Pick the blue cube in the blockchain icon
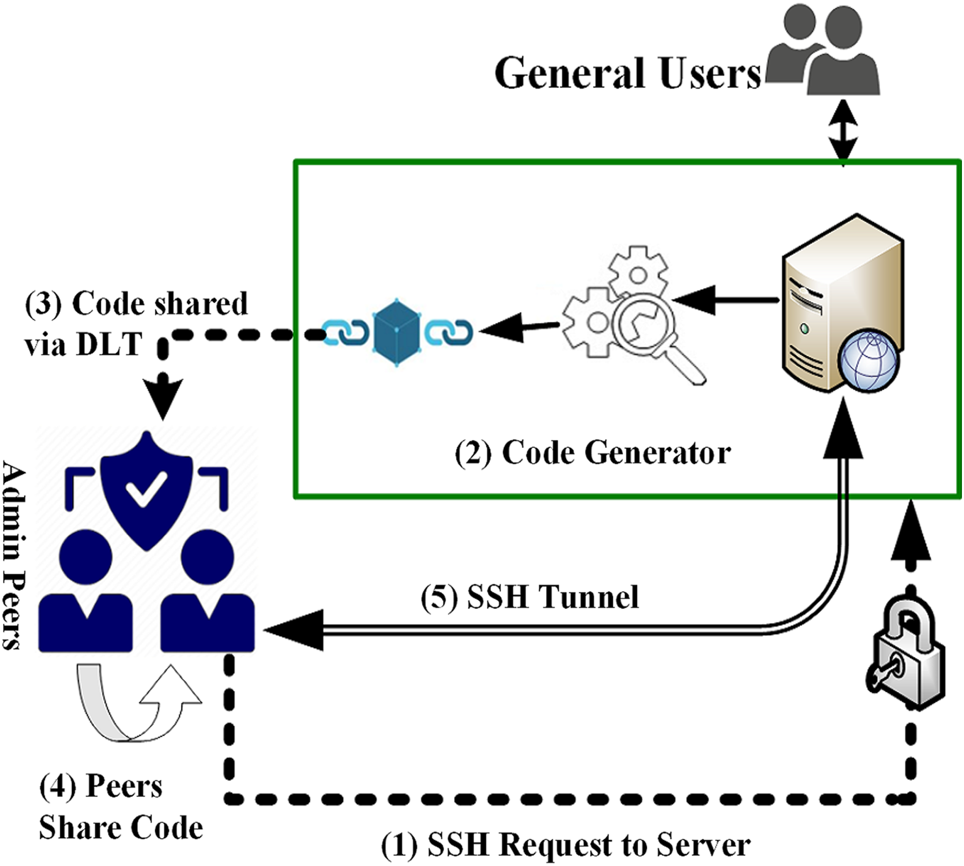tap(396, 332)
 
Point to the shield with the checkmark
tap(147, 488)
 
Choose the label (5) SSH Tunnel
tap(530, 597)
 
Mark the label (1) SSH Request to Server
tap(566, 845)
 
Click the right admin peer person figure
tap(207, 591)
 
